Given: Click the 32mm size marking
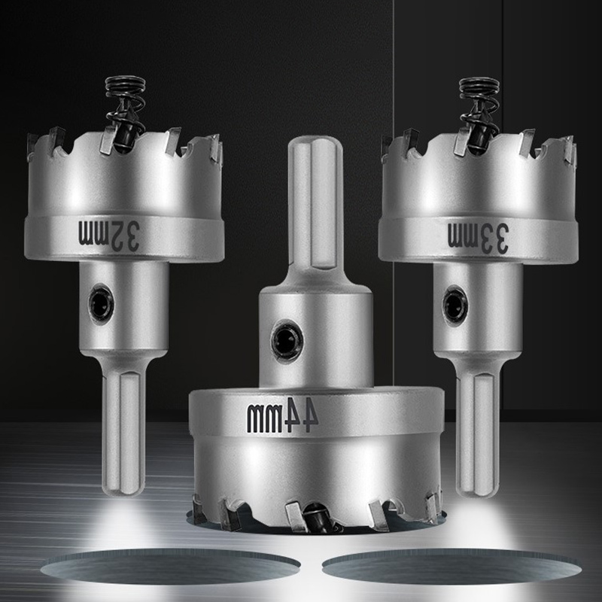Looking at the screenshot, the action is pos(109,235).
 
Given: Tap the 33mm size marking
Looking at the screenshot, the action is pos(479,236).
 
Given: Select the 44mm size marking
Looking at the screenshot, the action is pos(282,418).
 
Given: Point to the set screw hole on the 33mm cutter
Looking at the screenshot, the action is pos(455,305).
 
